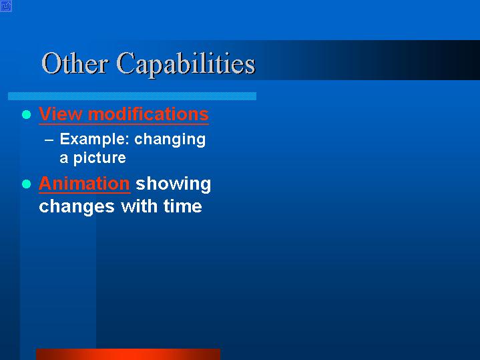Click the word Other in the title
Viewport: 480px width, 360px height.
point(74,63)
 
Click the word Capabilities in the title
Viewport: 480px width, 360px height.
point(186,65)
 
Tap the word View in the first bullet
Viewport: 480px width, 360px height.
point(61,114)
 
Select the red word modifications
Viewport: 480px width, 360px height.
point(148,114)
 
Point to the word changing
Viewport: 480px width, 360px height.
point(170,140)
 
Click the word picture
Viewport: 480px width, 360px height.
point(99,158)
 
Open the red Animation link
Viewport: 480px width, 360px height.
point(85,184)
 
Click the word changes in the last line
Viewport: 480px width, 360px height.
point(77,206)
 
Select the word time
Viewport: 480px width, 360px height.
point(183,206)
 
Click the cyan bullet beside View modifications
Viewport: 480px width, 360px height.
point(27,115)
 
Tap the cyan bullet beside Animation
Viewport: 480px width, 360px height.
point(27,184)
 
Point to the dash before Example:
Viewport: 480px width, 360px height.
point(49,140)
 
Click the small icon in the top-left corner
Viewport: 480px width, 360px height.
point(6,6)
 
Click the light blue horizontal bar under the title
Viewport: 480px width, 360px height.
point(132,96)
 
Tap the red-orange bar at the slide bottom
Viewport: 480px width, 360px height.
point(128,354)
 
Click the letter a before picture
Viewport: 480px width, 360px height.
point(63,158)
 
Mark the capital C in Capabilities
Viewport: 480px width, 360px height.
point(126,63)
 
